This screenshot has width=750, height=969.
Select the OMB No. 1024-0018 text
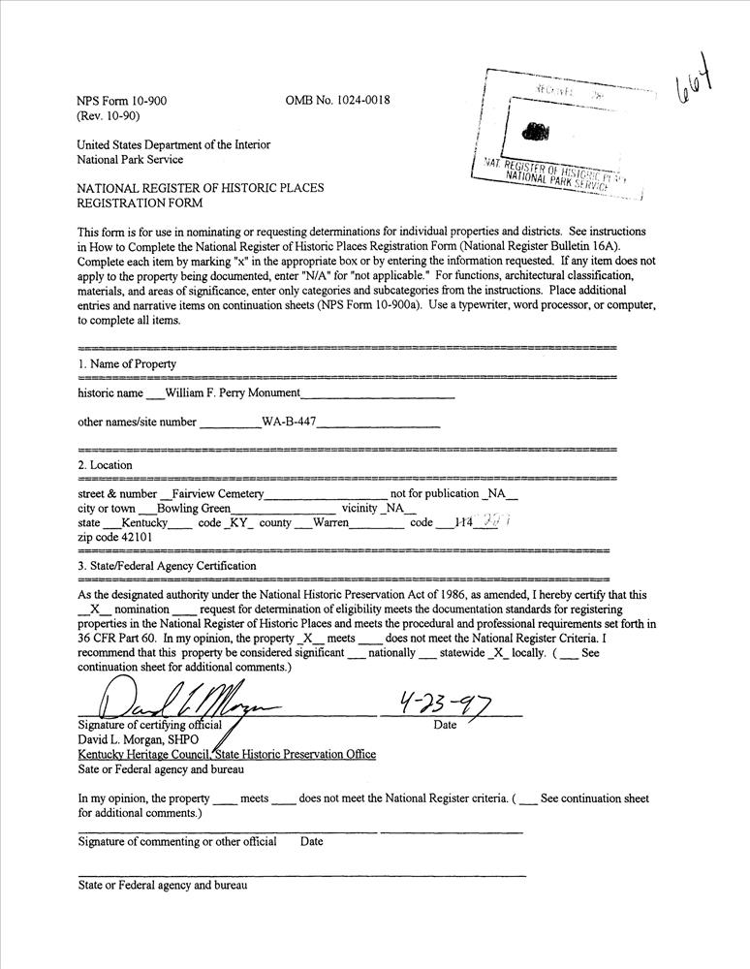pos(338,101)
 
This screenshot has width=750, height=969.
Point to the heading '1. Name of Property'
pos(127,364)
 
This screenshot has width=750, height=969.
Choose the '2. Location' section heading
pos(106,465)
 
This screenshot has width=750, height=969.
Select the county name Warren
pos(330,522)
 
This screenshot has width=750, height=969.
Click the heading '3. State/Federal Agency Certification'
pos(167,566)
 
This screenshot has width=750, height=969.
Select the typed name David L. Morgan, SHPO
pos(138,740)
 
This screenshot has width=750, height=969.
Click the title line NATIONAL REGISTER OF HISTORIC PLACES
pos(201,188)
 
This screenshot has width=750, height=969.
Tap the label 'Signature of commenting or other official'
pos(177,841)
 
